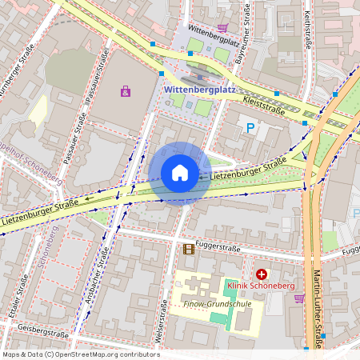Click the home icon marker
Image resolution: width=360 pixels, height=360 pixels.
click(180, 173)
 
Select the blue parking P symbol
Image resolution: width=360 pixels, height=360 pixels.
click(250, 127)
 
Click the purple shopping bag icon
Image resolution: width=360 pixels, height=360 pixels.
click(125, 91)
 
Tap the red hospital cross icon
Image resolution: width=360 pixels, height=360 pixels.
click(261, 274)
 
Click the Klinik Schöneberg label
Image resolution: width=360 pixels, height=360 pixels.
click(261, 286)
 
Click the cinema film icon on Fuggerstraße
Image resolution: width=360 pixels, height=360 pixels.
click(188, 249)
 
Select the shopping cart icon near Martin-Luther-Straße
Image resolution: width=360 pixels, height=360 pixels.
click(299, 298)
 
